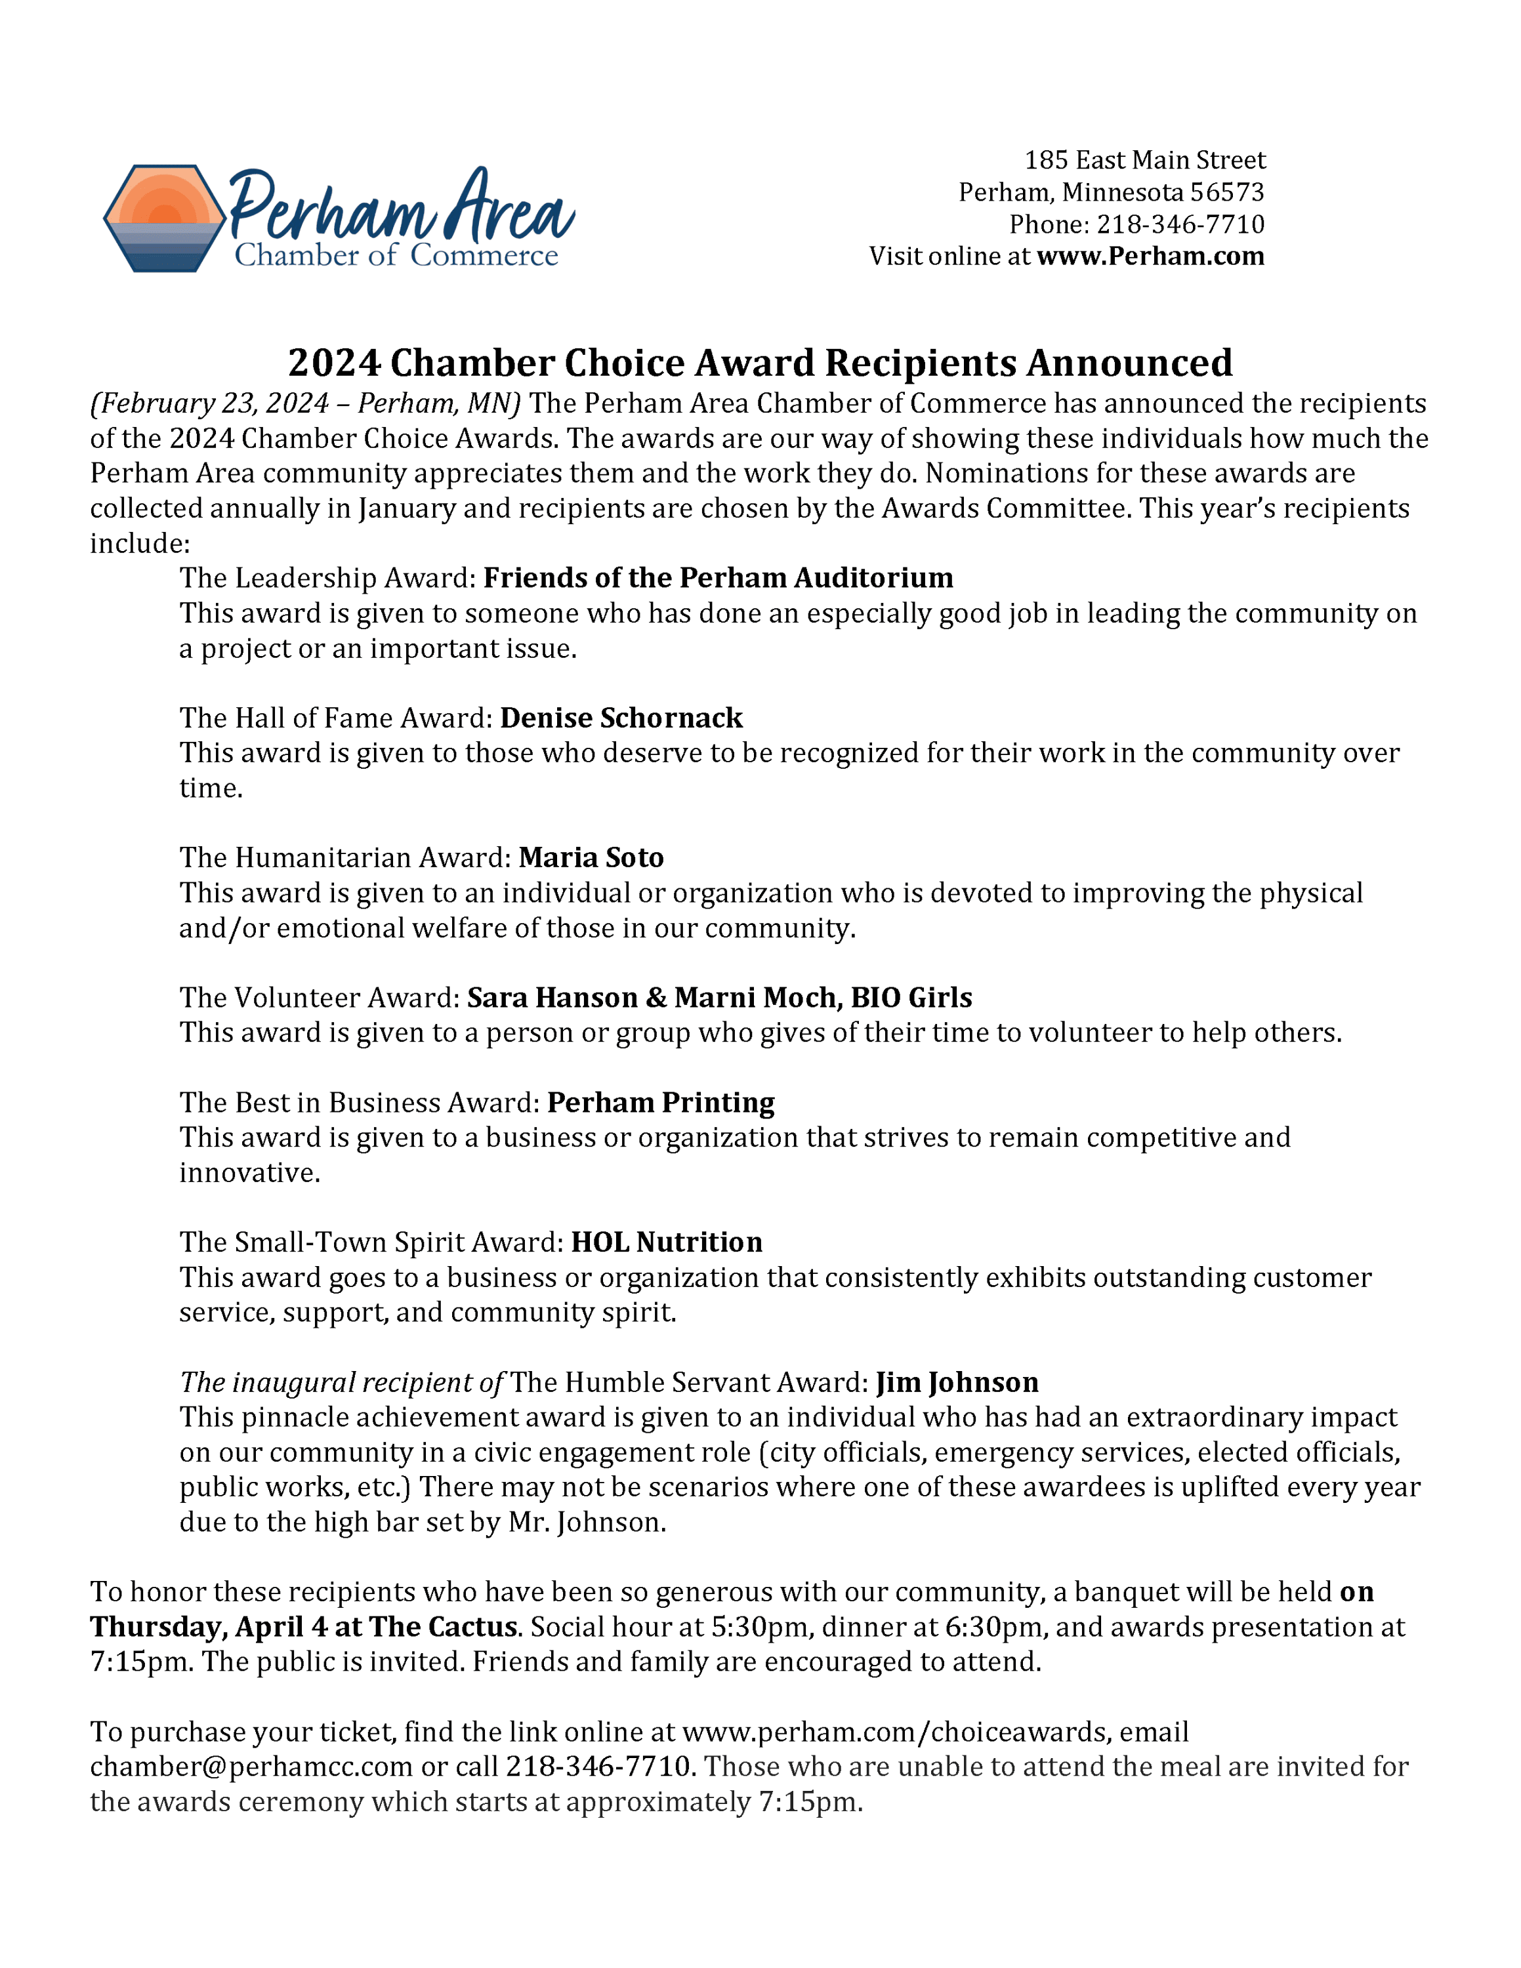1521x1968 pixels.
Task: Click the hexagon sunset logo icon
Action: (x=164, y=218)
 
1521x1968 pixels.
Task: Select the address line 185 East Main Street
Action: (x=1144, y=161)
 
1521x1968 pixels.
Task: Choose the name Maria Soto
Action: (x=591, y=858)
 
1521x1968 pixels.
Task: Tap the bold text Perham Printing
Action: (x=661, y=1103)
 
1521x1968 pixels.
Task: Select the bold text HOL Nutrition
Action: (x=667, y=1242)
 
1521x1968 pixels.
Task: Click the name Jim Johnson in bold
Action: (x=957, y=1384)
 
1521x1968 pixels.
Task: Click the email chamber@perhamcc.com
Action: (x=251, y=1767)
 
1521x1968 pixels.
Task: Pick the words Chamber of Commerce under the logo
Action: (x=396, y=256)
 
